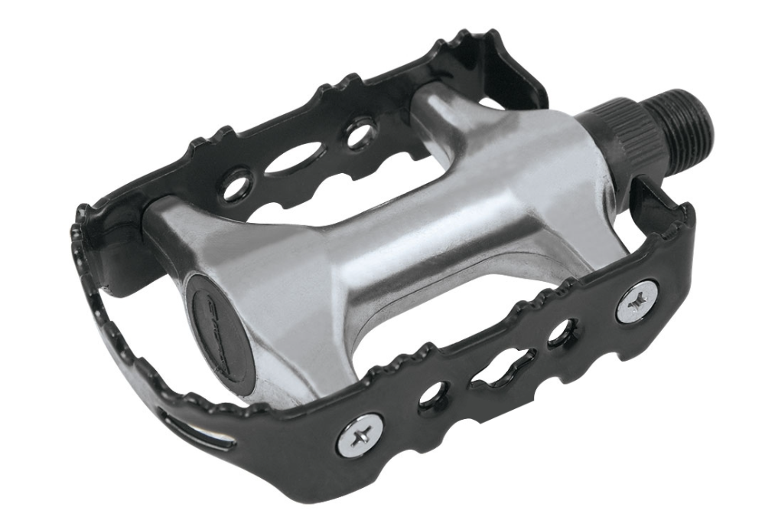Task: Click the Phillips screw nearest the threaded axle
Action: click(637, 302)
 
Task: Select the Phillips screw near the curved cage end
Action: click(359, 434)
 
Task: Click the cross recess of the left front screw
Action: click(359, 434)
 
